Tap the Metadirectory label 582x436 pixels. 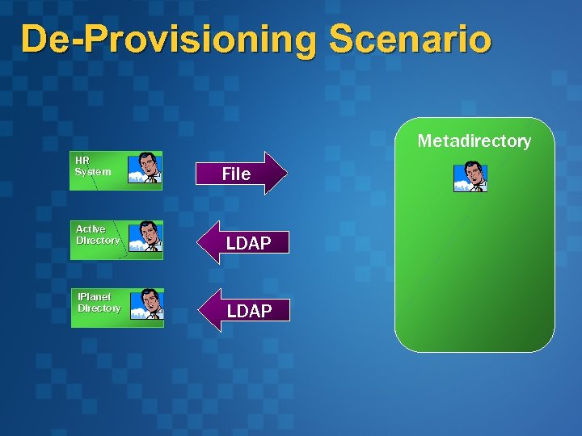(x=474, y=141)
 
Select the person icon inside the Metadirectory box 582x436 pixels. (x=470, y=177)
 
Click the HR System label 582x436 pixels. (x=92, y=166)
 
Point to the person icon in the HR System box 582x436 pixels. (x=146, y=168)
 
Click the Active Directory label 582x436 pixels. (x=98, y=235)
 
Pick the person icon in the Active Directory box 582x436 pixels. (x=147, y=237)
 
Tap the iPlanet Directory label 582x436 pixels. (x=99, y=303)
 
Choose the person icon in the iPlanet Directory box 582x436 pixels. (x=148, y=304)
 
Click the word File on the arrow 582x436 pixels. (x=236, y=174)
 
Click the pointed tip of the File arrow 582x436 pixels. (x=285, y=173)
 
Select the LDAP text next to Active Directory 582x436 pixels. (x=248, y=243)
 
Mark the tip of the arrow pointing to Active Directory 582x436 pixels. (x=200, y=242)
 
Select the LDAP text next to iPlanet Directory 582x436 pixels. (x=249, y=311)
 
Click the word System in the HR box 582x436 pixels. (x=92, y=171)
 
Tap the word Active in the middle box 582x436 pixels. (x=91, y=229)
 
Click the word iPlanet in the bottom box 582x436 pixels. (x=95, y=297)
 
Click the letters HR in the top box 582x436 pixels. (x=82, y=160)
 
